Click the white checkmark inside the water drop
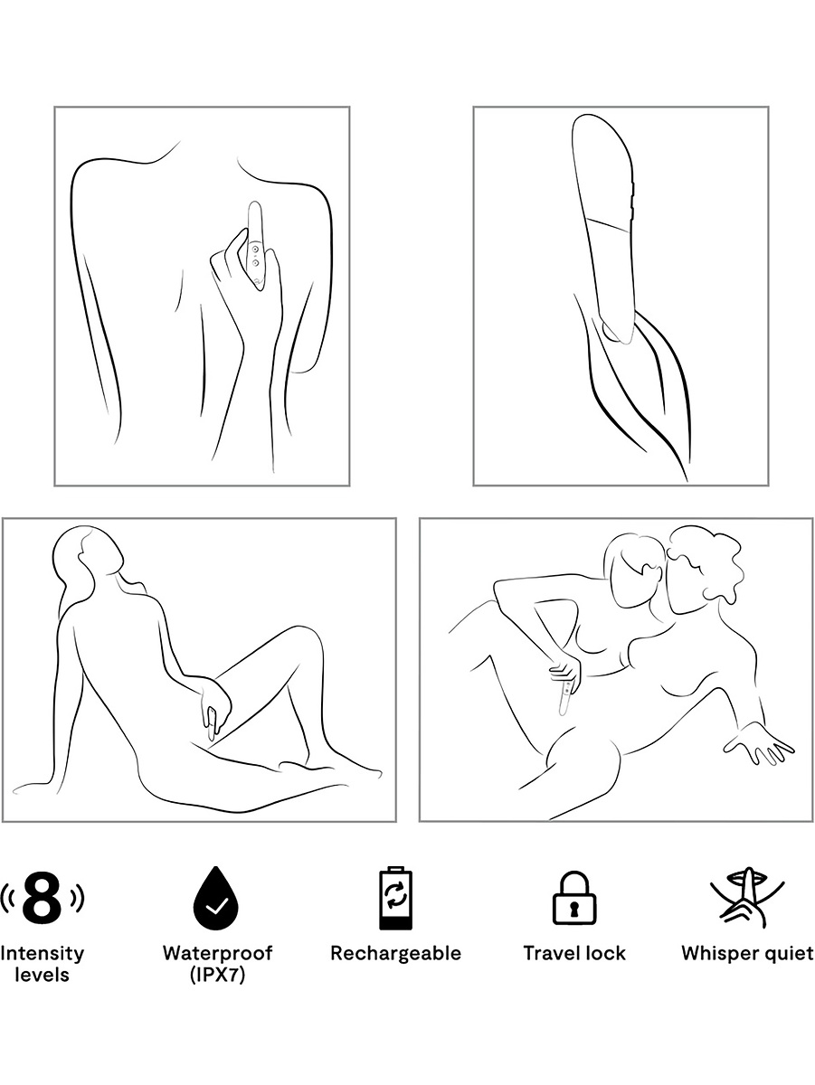click(x=217, y=906)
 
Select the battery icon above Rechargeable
click(x=395, y=897)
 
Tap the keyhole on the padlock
click(x=573, y=909)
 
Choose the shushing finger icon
click(x=747, y=899)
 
